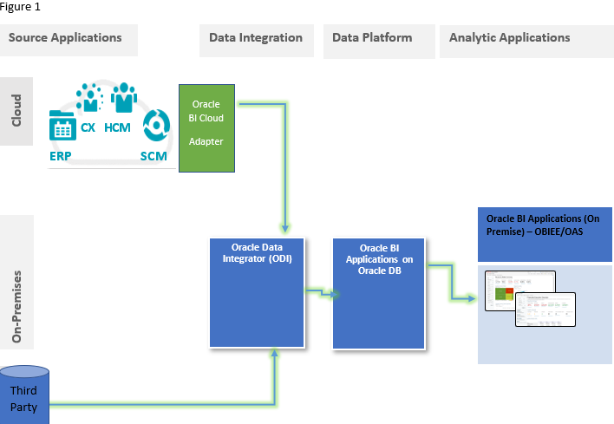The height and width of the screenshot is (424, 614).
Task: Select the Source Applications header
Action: point(65,38)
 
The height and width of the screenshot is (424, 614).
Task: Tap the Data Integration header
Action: point(256,38)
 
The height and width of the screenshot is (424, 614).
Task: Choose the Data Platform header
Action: point(372,38)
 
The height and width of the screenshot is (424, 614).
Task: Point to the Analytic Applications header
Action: point(509,38)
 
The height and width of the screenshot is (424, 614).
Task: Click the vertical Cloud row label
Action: point(16,111)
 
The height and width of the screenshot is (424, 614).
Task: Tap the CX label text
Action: point(88,127)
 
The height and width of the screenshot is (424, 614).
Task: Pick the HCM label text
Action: point(117,127)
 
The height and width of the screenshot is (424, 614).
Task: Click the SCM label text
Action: point(153,156)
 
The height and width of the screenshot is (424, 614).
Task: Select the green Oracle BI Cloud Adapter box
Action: point(207,127)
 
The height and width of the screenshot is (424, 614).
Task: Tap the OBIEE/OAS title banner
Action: point(545,233)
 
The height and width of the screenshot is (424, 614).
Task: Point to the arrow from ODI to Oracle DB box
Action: point(321,293)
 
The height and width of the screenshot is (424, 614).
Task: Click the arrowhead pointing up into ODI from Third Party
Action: point(274,353)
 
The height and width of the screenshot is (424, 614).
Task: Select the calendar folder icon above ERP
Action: point(62,127)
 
